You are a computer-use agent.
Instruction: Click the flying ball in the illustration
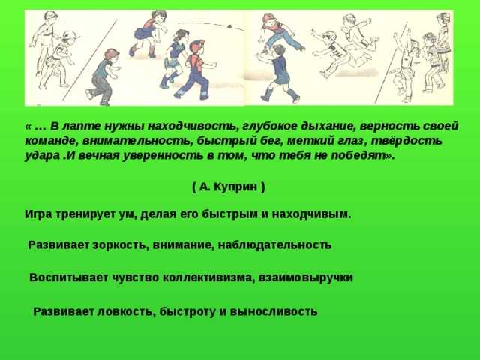(229, 27)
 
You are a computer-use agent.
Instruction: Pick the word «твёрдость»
(406, 141)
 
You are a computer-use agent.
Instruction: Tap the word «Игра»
(38, 214)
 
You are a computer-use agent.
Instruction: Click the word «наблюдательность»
(274, 245)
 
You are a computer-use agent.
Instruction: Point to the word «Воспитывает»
(69, 277)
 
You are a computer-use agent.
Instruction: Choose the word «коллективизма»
(208, 277)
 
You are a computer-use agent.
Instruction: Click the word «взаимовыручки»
(306, 277)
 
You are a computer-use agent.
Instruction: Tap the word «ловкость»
(125, 311)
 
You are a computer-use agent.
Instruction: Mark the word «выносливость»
(273, 311)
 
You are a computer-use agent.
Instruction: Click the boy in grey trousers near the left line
(103, 76)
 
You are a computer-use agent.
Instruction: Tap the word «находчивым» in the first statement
(311, 214)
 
